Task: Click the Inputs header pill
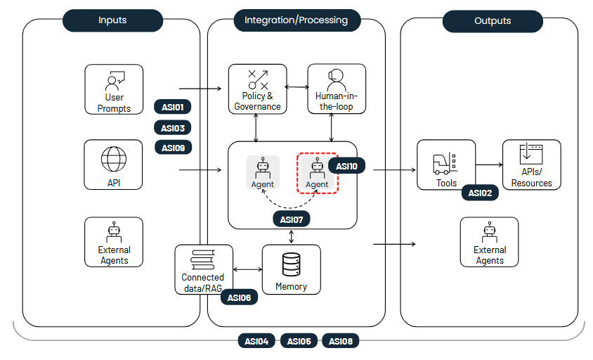tap(112, 20)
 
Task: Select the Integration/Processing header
tap(296, 20)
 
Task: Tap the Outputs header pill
tap(492, 21)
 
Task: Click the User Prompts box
tap(113, 89)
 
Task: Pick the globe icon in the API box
tap(113, 159)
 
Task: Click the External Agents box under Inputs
tap(113, 241)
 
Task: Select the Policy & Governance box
tap(257, 89)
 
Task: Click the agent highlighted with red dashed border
tap(317, 172)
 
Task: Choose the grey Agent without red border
tap(263, 172)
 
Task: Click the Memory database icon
tap(291, 265)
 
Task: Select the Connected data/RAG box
tap(204, 269)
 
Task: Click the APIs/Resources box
tap(531, 165)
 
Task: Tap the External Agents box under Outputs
tap(489, 241)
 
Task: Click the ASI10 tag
tap(346, 167)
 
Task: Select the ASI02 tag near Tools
tap(480, 193)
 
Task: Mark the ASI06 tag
tap(239, 297)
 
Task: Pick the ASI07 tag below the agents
tap(291, 219)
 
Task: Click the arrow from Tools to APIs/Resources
tap(489, 165)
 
